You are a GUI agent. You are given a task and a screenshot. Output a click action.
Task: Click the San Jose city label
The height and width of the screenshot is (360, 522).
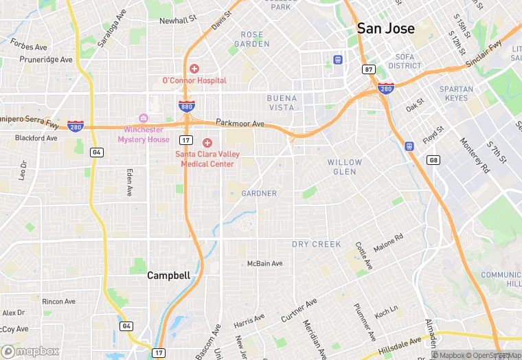385,29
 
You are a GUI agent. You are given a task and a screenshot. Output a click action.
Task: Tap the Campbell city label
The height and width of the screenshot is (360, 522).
168,275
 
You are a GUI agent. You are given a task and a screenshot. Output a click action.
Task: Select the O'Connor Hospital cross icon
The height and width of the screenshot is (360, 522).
194,69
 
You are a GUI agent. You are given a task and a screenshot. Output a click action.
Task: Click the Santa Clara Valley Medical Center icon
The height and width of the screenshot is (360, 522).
207,142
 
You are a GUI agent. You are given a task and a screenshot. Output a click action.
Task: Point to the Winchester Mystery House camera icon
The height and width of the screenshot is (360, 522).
144,118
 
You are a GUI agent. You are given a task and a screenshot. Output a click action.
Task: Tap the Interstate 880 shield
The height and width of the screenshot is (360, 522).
186,106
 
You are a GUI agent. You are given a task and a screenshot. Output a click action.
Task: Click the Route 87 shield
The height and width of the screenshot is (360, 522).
369,69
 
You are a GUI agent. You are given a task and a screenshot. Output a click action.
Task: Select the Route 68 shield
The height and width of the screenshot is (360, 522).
433,160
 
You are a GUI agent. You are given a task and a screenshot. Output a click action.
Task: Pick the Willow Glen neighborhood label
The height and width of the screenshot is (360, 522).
344,167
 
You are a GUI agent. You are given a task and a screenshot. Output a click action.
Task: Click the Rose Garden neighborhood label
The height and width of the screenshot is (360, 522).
252,39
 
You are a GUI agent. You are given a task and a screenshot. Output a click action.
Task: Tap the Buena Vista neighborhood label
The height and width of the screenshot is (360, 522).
282,103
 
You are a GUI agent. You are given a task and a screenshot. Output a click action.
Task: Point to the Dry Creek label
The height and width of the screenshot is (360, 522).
317,244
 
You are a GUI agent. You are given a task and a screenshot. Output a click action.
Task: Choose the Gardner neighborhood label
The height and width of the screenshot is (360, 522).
259,194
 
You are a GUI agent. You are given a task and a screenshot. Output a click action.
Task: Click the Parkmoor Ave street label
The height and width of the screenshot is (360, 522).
240,124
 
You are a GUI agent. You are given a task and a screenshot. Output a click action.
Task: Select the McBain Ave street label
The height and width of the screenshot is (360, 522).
264,264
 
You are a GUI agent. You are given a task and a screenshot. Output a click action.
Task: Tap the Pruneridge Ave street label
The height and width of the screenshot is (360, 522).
46,60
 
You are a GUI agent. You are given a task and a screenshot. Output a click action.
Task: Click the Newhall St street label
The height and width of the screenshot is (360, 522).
179,21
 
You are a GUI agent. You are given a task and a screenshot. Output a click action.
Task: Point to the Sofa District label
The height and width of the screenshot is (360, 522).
404,62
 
